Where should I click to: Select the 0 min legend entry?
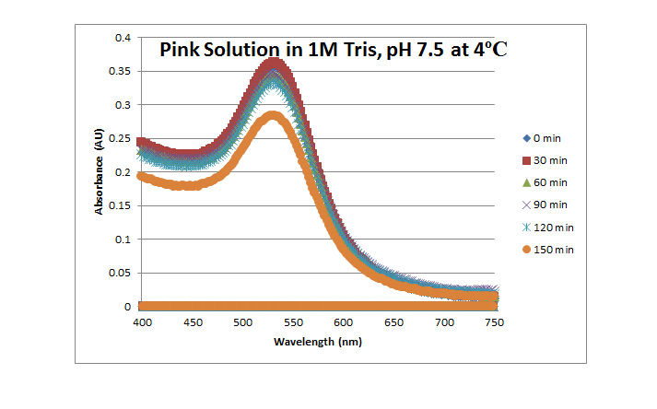tap(543, 138)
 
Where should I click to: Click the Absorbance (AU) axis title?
tap(99, 172)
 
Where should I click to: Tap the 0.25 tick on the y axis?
tap(122, 139)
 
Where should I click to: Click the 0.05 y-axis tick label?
tap(122, 274)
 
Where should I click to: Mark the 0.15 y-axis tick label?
tap(122, 206)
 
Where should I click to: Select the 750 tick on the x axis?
tap(495, 322)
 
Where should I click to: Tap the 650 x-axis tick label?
tap(394, 322)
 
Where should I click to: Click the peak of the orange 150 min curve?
tap(273, 116)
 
